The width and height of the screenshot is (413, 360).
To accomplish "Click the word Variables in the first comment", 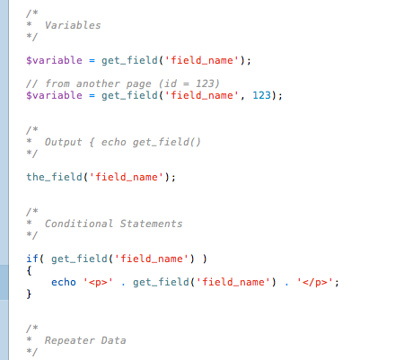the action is pos(73,25).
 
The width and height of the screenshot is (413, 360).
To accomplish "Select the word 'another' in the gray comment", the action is pos(98,83).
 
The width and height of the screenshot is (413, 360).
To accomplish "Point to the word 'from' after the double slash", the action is pos(57,83).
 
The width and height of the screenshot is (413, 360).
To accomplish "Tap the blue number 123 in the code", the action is pos(261,95).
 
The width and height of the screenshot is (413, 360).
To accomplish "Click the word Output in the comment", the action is pos(63,142).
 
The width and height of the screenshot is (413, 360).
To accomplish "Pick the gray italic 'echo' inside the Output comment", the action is pos(113,142).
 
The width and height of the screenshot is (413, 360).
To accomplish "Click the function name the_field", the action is pos(54,177).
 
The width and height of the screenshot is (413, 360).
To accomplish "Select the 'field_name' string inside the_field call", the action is pos(126,177).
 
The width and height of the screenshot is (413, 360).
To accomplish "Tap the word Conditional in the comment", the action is pos(79,224).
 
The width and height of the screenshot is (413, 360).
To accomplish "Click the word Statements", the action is pos(151,224).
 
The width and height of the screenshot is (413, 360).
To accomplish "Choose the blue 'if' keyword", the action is pos(32,259).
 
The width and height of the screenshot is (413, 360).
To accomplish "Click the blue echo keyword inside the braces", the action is pos(64,282).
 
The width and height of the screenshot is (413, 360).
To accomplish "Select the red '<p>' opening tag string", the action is pos(98,282).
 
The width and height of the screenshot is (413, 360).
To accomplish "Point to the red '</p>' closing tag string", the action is pos(315,282).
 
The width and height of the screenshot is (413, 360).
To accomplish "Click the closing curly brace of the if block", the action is pos(29,294).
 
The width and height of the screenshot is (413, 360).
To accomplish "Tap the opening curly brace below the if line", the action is pos(29,270).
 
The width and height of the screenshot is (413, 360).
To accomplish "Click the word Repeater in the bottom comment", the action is pos(69,340).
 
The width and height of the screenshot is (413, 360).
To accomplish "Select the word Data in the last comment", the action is pos(113,340).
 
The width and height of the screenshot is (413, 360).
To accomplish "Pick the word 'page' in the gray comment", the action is pos(138,84).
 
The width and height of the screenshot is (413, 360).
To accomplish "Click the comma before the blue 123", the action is pos(242,97).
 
